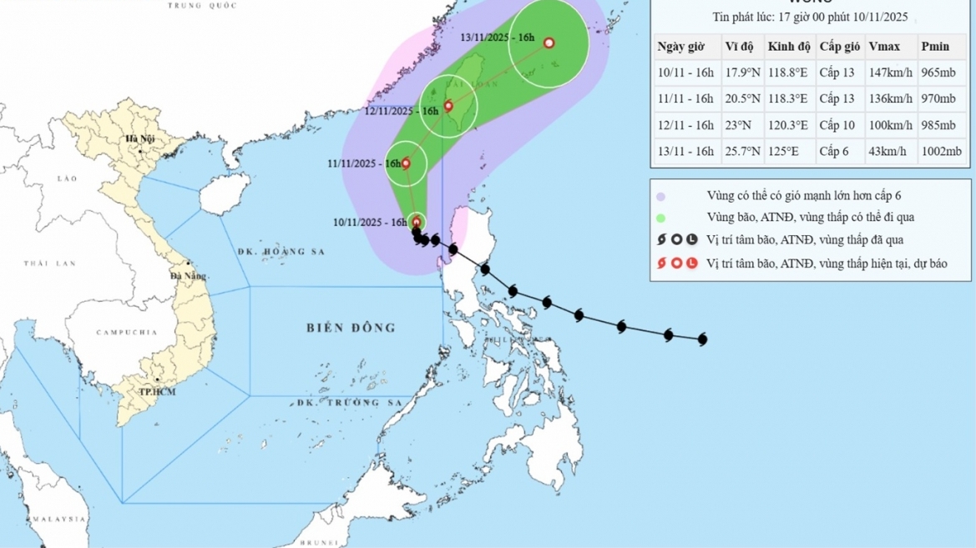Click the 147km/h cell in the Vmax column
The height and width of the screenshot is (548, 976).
tap(890, 73)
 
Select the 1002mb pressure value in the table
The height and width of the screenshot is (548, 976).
tap(943, 152)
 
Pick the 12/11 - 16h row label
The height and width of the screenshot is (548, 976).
tap(685, 125)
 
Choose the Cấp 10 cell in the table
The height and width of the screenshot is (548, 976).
tap(837, 125)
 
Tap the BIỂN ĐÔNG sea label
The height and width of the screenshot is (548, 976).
tap(351, 328)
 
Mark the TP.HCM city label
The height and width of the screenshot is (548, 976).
tap(157, 392)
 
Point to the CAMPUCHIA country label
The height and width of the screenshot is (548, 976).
tap(126, 332)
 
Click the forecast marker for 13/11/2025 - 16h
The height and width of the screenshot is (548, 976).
tap(549, 43)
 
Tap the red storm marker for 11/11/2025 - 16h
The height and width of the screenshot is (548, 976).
tap(407, 163)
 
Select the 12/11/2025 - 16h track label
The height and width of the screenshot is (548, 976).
tap(402, 111)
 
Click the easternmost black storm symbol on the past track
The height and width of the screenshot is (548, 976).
tap(701, 339)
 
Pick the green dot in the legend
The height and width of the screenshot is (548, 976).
tap(660, 218)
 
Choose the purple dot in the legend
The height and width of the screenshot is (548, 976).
tap(660, 197)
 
